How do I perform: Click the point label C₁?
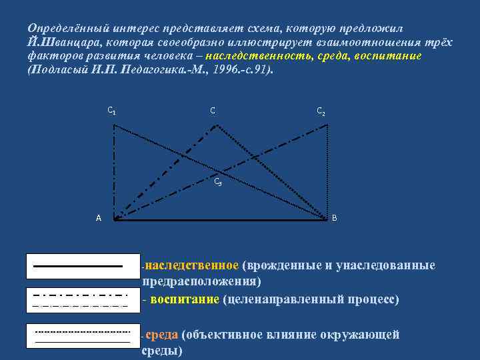tap(112, 110)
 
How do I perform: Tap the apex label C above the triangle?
tap(213, 110)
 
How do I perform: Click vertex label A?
tap(99, 218)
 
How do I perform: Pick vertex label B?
tap(334, 218)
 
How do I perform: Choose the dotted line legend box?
tap(82, 335)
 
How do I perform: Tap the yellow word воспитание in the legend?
tap(185, 299)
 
